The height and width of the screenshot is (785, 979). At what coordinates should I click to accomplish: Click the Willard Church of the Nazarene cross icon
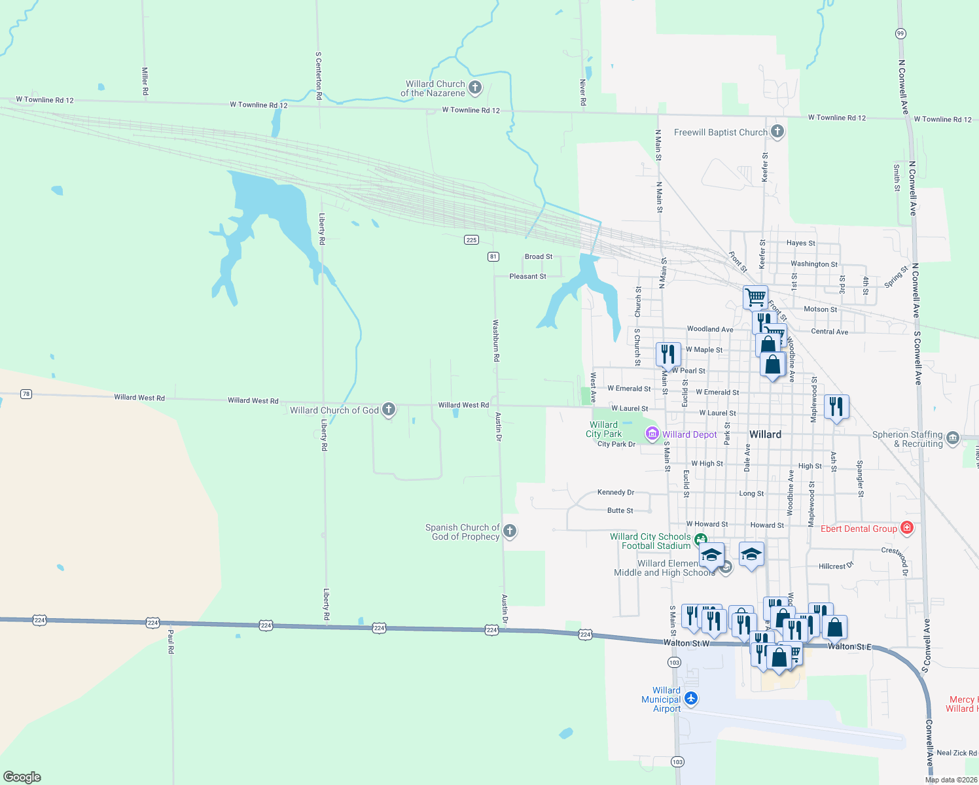pos(475,87)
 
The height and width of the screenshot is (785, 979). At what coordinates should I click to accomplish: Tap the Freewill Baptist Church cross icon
pos(777,131)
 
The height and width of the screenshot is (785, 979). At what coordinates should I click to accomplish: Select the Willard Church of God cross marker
pos(389,410)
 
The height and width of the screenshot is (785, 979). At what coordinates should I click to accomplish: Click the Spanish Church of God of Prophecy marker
pos(510,531)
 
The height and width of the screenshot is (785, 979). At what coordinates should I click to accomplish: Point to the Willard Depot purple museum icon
pos(652,434)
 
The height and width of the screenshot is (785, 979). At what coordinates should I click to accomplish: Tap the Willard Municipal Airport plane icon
pos(690,699)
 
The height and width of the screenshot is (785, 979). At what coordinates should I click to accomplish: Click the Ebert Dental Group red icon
pos(906,528)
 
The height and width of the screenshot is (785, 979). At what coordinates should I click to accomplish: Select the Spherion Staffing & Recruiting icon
pos(952,438)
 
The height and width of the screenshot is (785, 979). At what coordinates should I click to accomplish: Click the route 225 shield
pos(471,239)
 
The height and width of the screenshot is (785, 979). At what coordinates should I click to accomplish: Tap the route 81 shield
pos(493,256)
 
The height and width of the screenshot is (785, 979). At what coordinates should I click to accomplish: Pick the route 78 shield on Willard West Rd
pos(26,394)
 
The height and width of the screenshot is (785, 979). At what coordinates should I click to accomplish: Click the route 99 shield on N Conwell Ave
pos(900,33)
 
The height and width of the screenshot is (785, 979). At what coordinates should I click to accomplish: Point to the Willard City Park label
pos(603,429)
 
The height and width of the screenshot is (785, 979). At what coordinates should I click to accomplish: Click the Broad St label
pos(539,256)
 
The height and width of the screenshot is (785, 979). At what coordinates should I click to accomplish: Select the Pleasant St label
pos(527,277)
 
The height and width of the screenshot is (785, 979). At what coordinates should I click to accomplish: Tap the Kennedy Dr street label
pos(616,493)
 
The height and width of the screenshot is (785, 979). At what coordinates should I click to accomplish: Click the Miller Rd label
pos(145,81)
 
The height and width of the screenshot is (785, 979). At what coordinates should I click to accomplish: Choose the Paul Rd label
pos(171,641)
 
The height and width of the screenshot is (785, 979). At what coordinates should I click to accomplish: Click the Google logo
pos(22,777)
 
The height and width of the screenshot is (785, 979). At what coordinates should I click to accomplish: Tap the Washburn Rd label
pos(496,341)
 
